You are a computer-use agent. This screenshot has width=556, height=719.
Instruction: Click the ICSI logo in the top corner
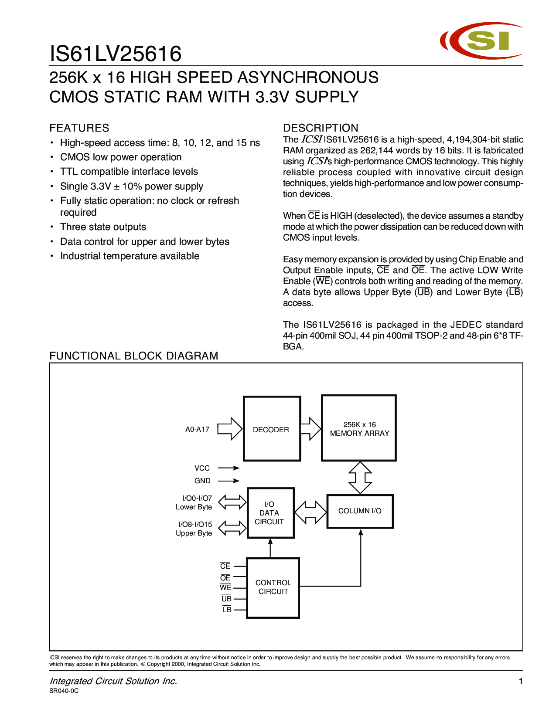pos(481,41)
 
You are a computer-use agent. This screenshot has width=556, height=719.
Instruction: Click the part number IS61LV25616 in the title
pos(116,54)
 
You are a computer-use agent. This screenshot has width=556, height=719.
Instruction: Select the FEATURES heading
pos(79,128)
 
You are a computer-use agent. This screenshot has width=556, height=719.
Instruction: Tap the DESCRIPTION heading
pos(321,128)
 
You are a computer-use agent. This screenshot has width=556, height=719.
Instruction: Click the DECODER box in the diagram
pos(272,429)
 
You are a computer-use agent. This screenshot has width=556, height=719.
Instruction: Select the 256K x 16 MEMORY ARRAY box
pos(359,428)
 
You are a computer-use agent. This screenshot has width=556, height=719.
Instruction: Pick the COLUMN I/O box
pos(360,511)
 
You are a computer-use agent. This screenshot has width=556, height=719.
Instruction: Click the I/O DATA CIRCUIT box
pos(270,513)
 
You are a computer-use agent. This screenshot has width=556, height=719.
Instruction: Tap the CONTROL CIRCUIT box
pos(273,587)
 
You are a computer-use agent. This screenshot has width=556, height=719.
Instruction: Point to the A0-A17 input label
pos(197,430)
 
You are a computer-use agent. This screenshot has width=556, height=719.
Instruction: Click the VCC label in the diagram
pos(202,468)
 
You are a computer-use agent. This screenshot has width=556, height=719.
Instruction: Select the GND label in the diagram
pos(202,481)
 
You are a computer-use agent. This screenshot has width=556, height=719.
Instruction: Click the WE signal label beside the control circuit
pos(225,587)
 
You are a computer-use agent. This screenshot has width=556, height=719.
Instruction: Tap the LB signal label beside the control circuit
pos(227,610)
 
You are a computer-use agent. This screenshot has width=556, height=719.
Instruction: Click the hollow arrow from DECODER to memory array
pos(310,429)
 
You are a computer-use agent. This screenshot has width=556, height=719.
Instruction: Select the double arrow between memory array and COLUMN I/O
pos(360,478)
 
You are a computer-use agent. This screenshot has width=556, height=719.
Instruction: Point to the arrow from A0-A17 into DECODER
pos(229,429)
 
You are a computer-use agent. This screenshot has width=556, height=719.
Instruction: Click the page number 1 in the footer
pos(520,681)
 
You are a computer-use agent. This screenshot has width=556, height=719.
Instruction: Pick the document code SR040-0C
pos(64,691)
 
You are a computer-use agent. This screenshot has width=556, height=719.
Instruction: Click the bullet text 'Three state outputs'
pos(103,227)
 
